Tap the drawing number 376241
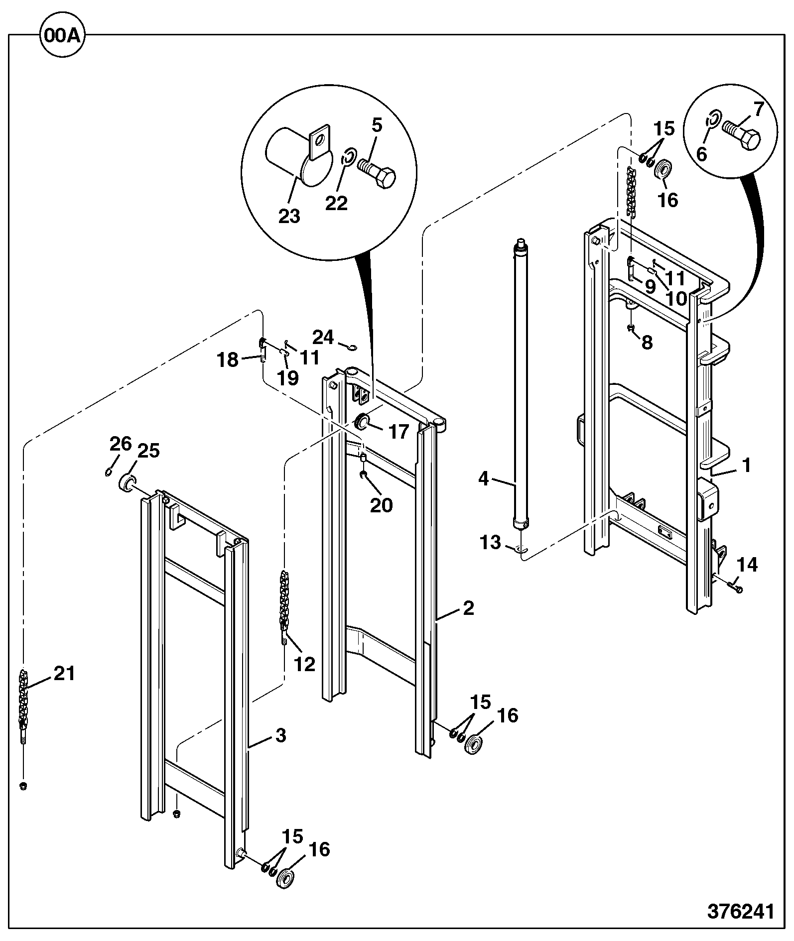[741, 910]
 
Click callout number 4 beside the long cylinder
[484, 479]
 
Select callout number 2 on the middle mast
[468, 608]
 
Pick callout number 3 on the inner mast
[281, 735]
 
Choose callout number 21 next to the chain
[64, 673]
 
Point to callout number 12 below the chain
[305, 664]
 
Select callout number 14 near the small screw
[747, 565]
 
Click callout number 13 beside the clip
[491, 542]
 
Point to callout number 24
[323, 337]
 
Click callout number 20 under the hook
[381, 505]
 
